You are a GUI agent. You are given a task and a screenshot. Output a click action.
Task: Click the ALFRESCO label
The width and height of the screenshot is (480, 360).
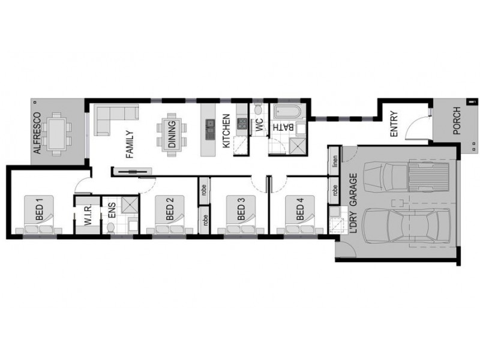pos(38,133)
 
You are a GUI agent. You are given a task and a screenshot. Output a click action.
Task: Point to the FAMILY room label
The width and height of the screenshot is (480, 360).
pos(128,144)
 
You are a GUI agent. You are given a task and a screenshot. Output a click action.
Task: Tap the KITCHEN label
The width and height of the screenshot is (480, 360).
pos(226,131)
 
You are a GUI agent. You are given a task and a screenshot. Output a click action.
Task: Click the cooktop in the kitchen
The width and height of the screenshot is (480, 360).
pos(242,124)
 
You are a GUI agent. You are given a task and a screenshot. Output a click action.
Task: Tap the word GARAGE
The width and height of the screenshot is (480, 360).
pos(353,190)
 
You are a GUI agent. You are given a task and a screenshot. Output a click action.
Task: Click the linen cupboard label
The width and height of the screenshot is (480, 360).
pos(334,161)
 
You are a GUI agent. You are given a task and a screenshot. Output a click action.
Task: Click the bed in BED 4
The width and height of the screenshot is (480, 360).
pos(300,216)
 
